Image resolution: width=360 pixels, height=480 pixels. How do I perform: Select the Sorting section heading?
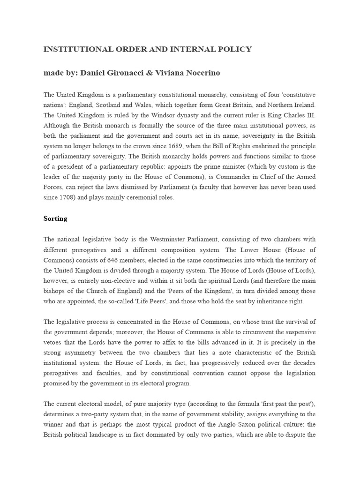(55, 218)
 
